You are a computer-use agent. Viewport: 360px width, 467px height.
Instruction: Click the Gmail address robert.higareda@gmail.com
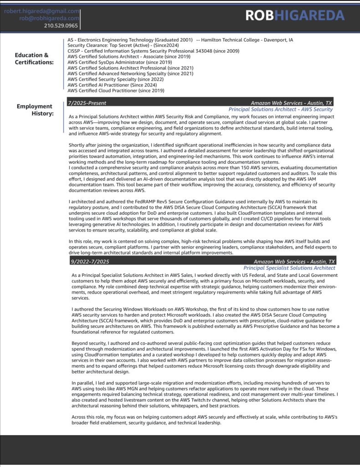pyautogui.click(x=41, y=11)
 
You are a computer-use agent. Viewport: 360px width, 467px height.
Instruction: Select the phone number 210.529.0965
pyautogui.click(x=61, y=26)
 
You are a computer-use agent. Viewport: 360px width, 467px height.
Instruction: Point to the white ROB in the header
pyautogui.click(x=259, y=16)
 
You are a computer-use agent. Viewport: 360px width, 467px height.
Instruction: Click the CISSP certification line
pyautogui.click(x=153, y=51)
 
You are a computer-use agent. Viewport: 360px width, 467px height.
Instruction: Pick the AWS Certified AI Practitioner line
pyautogui.click(x=112, y=85)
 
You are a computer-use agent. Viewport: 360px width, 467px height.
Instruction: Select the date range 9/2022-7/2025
pyautogui.click(x=90, y=261)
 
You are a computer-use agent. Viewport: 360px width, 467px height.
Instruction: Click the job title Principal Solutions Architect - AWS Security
pyautogui.click(x=280, y=109)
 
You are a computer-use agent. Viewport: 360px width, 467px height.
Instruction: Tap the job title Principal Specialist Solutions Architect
pyautogui.click(x=289, y=268)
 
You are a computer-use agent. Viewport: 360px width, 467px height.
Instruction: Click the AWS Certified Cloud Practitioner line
pyautogui.click(x=116, y=90)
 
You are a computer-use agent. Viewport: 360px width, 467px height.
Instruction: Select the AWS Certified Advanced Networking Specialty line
pyautogui.click(x=130, y=73)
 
